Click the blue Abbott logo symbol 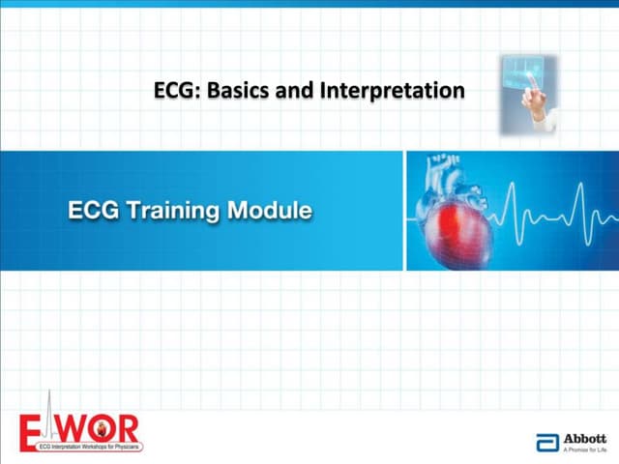pos(546,443)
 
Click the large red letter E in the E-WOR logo pos(33,425)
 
